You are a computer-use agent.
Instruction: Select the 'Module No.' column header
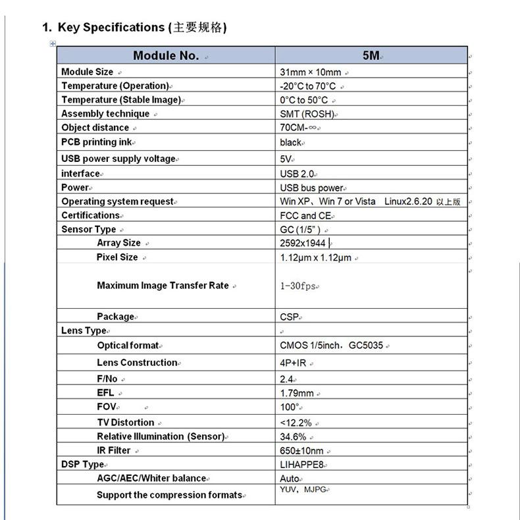coord(165,55)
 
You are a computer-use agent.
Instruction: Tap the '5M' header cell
coord(371,55)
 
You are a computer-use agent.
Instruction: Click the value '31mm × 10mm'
coord(310,72)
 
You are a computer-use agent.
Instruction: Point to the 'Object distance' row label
coord(95,128)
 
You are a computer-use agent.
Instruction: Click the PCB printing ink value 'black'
coord(290,142)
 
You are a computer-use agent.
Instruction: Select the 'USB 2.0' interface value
coord(297,174)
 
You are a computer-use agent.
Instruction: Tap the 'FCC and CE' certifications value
coord(306,215)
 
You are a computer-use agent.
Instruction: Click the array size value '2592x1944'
coord(303,243)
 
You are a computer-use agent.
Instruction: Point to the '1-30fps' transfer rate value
coord(298,286)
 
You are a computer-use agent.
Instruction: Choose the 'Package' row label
coord(115,317)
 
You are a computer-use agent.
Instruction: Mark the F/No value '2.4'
coord(286,379)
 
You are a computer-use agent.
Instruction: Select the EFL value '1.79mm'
coord(297,394)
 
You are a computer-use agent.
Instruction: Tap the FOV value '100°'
coord(290,407)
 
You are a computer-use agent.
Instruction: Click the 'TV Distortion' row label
coord(125,423)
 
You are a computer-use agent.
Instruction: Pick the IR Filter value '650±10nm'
coord(301,451)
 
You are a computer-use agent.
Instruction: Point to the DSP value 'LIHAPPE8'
coord(301,465)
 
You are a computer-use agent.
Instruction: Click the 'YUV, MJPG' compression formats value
coord(303,490)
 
